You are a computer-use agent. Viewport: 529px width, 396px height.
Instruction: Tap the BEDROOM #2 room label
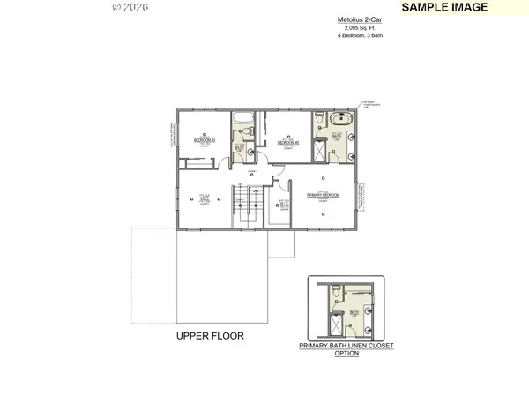[288, 141]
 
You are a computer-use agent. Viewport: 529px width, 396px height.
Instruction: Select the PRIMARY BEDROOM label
[324, 193]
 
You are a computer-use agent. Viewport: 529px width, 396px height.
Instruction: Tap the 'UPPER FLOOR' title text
[209, 336]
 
